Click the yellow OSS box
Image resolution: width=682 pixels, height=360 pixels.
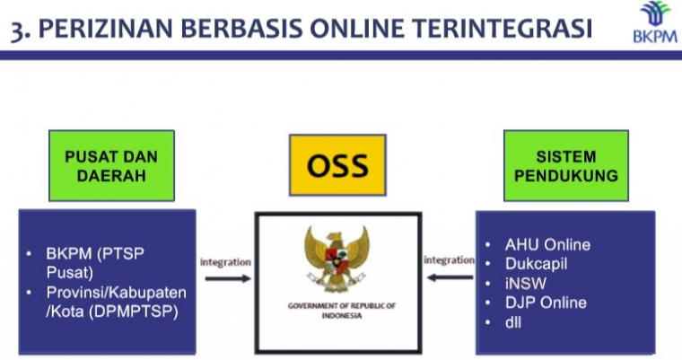tap(337, 166)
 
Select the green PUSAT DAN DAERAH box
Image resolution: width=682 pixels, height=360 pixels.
tap(111, 166)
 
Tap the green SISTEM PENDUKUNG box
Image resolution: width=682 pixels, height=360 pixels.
tap(565, 166)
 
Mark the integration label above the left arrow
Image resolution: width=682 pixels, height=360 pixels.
tap(225, 262)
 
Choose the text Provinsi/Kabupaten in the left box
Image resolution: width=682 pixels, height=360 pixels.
tap(117, 293)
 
